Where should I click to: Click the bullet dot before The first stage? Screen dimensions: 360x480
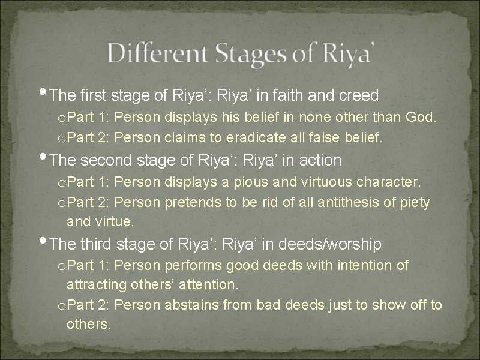[x=48, y=92]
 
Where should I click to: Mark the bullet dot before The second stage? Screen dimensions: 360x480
[x=48, y=158]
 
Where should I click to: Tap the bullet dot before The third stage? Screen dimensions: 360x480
[x=48, y=242]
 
